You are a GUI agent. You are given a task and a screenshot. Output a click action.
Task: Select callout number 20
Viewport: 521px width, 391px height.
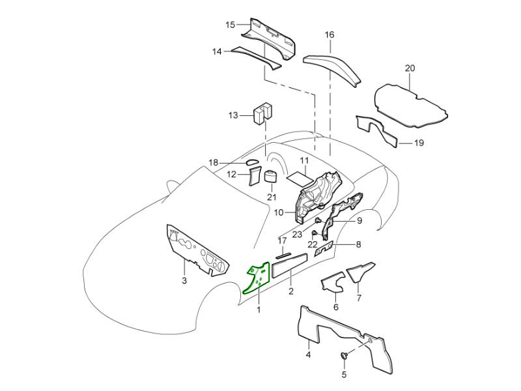[x=409, y=68]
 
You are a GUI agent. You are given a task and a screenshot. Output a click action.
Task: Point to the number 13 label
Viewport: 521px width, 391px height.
[x=234, y=115]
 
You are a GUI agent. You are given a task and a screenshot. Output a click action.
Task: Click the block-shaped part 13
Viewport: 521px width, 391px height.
[x=263, y=112]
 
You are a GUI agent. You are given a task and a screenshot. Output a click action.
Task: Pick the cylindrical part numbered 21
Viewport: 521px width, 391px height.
[x=270, y=177]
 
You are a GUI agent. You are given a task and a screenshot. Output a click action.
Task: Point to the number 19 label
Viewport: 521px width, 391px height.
[x=419, y=143]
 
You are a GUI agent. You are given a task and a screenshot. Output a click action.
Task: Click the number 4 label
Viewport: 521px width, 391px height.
[x=309, y=355]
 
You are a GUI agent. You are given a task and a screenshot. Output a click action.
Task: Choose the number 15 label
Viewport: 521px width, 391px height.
[x=231, y=25]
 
